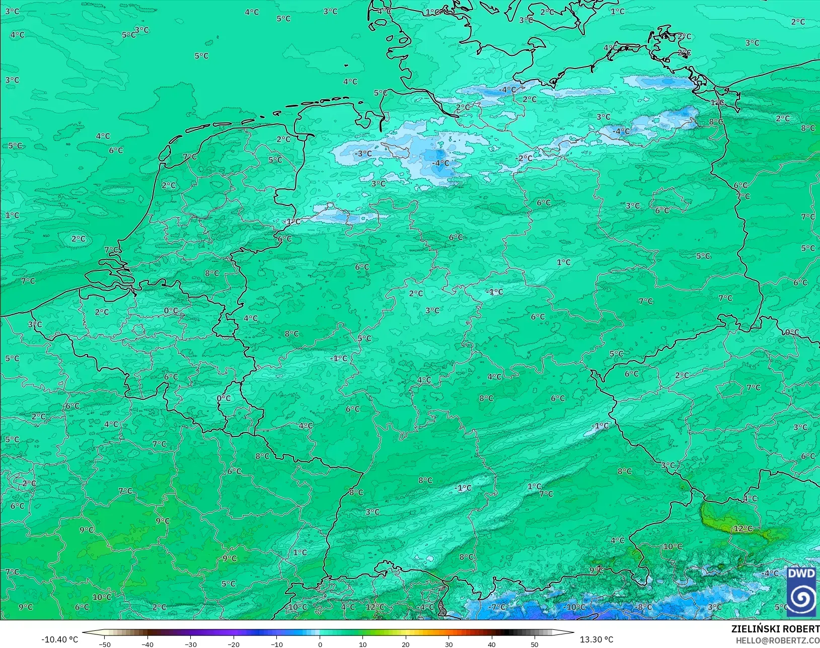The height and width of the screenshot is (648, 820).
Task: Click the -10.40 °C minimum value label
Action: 59,639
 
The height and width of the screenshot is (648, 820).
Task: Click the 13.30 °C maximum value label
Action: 597,639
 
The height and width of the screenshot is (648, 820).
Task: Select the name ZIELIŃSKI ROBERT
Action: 775,629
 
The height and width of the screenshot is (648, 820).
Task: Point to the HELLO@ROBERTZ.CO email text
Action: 778,640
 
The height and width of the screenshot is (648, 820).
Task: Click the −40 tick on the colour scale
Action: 147,644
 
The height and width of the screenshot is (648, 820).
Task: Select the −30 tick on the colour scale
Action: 190,644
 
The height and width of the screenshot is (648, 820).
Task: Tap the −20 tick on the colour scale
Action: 234,644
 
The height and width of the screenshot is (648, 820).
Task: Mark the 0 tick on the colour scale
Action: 320,644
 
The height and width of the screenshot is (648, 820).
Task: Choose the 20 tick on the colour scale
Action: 406,644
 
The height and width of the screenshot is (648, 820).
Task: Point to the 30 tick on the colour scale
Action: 449,644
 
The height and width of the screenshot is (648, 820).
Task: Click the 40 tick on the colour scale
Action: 492,644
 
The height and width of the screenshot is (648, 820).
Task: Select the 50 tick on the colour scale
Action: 535,644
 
